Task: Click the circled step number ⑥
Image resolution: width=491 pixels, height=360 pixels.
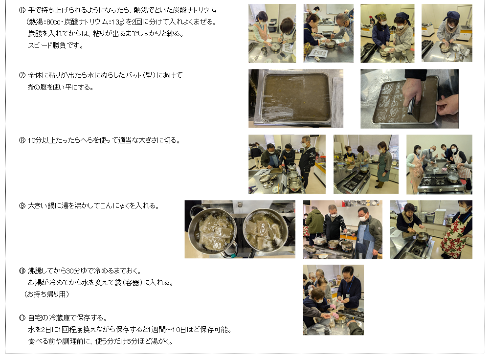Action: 22,10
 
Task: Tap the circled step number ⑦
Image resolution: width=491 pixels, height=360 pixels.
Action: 22,75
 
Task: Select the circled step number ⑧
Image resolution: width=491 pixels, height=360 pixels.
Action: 22,140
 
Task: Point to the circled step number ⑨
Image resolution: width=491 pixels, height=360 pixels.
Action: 22,206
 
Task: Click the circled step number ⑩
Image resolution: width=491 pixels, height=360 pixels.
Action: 22,270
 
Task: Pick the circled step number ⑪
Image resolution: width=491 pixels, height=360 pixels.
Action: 22,318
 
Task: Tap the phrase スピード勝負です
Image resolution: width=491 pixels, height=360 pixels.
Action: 56,45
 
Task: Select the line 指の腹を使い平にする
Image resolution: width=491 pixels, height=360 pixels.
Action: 61,87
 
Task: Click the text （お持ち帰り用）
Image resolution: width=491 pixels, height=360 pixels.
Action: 46,294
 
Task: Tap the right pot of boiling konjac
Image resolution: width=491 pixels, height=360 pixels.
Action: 266,229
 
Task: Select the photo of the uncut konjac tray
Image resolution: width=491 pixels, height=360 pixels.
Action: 295,98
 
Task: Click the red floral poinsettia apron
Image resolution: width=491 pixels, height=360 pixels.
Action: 453,235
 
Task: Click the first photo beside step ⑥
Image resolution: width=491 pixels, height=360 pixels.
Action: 272,33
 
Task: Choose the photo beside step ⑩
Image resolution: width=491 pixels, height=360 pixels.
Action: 333,300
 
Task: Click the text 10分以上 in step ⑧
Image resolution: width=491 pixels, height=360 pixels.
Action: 41,140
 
